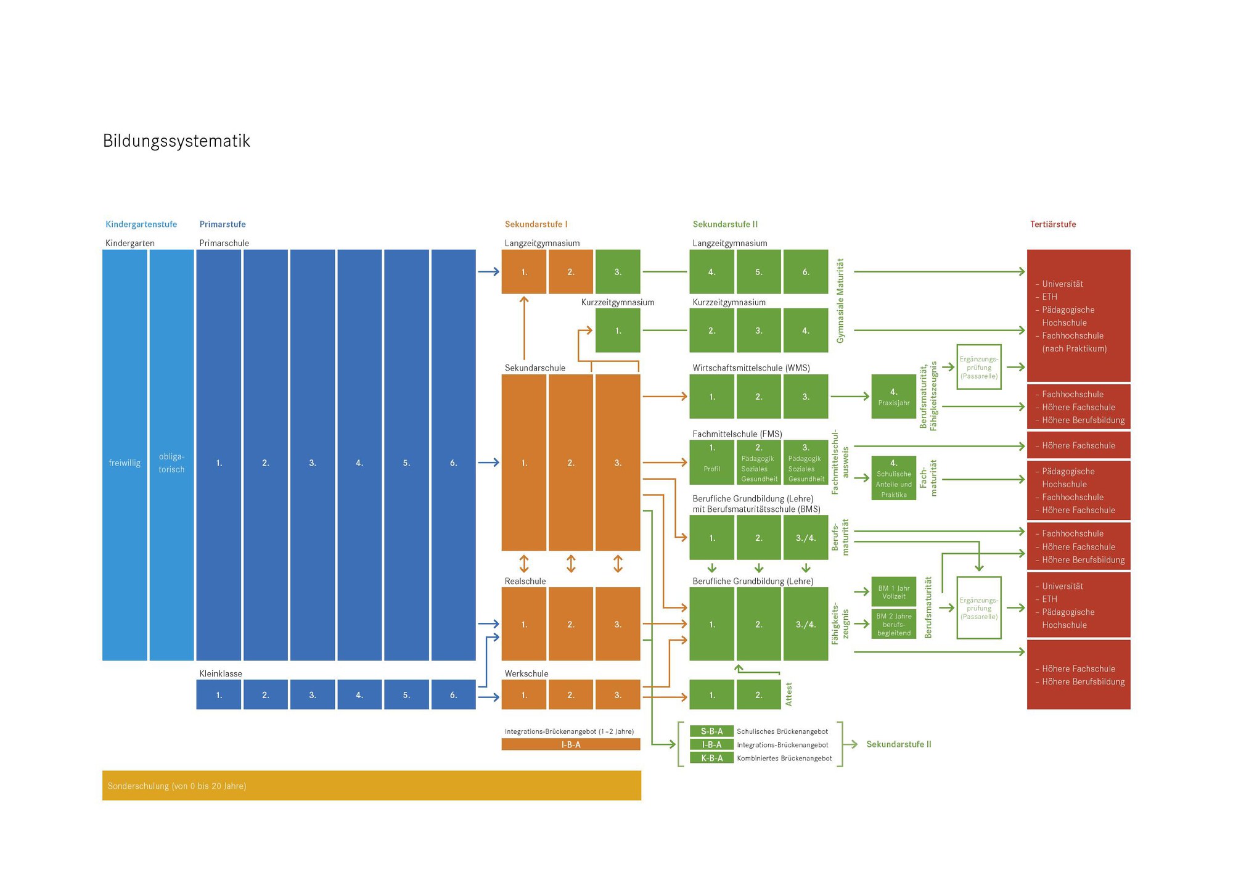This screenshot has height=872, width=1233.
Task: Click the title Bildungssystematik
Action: pyautogui.click(x=176, y=141)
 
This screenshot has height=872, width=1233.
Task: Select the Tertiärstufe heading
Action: pyautogui.click(x=1052, y=224)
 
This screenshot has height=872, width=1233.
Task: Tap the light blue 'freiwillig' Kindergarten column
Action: pyautogui.click(x=125, y=455)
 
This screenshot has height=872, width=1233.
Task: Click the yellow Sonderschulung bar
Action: pyautogui.click(x=371, y=786)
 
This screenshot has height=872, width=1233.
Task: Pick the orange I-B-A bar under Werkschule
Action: pyautogui.click(x=570, y=745)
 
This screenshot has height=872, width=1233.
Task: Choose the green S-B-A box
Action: pyautogui.click(x=711, y=731)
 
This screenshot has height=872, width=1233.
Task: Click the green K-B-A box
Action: pyautogui.click(x=711, y=759)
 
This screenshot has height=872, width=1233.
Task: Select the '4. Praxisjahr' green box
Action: pyautogui.click(x=893, y=397)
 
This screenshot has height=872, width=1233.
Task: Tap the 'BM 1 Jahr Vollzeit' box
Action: pyautogui.click(x=893, y=593)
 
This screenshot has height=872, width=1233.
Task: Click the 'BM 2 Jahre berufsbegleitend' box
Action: pyautogui.click(x=893, y=624)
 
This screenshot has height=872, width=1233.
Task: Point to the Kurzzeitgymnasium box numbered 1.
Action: pyautogui.click(x=618, y=331)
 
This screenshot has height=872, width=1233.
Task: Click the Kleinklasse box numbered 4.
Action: pyautogui.click(x=359, y=695)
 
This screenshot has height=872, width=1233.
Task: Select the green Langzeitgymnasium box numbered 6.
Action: pyautogui.click(x=805, y=272)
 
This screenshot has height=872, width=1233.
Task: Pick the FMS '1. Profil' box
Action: pyautogui.click(x=711, y=463)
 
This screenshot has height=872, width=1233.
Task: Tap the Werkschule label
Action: pyautogui.click(x=526, y=674)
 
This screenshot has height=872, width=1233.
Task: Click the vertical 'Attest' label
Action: pyautogui.click(x=789, y=694)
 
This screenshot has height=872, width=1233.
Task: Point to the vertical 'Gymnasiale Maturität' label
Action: pyautogui.click(x=840, y=301)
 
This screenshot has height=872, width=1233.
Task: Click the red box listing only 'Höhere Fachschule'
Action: pyautogui.click(x=1078, y=446)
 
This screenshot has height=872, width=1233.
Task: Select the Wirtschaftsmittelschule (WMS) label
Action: pyautogui.click(x=751, y=368)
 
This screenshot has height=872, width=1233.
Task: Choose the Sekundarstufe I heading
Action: pyautogui.click(x=536, y=224)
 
